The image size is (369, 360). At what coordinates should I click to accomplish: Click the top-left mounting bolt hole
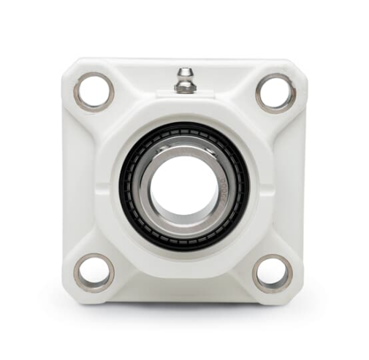click(94, 91)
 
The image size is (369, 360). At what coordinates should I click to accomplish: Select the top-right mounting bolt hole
click(275, 92)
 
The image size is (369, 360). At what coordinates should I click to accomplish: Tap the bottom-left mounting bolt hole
click(94, 272)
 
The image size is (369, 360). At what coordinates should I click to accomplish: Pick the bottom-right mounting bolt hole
click(273, 273)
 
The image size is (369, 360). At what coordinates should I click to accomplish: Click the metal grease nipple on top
click(185, 80)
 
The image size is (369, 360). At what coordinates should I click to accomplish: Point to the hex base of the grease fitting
click(185, 87)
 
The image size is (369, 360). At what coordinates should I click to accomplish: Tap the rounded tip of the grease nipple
click(185, 71)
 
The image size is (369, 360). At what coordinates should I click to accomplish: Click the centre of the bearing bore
click(184, 183)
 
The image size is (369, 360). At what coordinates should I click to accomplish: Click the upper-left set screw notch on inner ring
click(157, 150)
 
